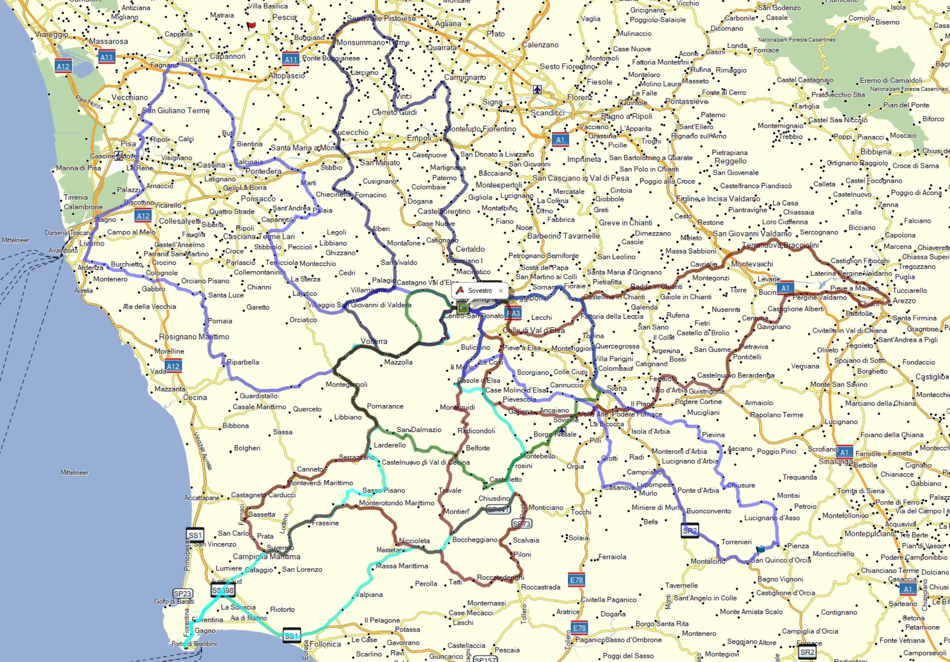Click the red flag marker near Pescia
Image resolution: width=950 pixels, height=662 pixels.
click(x=251, y=26)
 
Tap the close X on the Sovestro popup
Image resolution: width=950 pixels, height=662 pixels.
click(x=501, y=291)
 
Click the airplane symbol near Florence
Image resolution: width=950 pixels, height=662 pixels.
click(x=537, y=89)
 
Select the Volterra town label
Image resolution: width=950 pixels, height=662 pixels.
click(x=374, y=341)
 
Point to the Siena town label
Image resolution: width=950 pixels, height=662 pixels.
click(x=617, y=388)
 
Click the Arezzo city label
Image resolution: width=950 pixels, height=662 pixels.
click(x=904, y=301)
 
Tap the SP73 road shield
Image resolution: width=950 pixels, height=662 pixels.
click(x=521, y=524)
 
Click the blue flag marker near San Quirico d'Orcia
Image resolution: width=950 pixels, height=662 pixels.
click(x=761, y=549)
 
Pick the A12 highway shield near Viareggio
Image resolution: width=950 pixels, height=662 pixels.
click(x=63, y=66)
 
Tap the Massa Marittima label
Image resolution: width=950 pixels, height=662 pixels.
click(x=401, y=565)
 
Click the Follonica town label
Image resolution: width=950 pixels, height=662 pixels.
click(x=325, y=644)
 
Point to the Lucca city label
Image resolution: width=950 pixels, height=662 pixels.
click(x=192, y=59)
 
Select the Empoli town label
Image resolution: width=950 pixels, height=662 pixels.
click(x=419, y=138)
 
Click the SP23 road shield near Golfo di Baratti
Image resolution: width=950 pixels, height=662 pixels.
click(x=183, y=594)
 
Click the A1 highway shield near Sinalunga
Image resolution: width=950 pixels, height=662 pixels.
click(x=844, y=453)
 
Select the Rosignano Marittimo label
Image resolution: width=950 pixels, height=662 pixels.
click(x=194, y=337)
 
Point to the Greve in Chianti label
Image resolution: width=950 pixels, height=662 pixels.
click(x=625, y=222)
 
